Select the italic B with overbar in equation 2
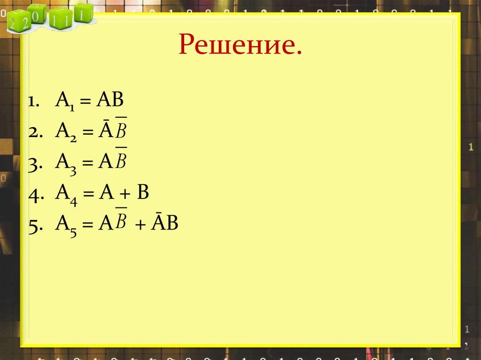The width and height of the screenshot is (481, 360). click(x=121, y=132)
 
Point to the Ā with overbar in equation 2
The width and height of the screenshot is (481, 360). click(x=104, y=131)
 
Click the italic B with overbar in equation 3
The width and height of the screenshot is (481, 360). click(x=121, y=162)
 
